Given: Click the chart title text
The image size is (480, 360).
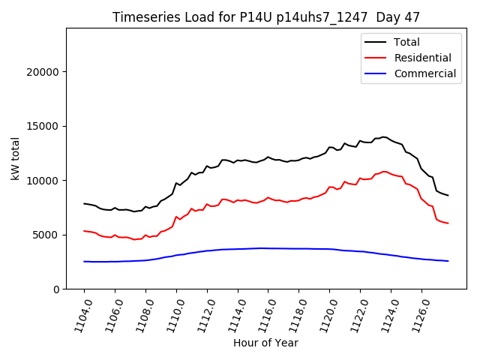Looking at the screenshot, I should pyautogui.click(x=266, y=17).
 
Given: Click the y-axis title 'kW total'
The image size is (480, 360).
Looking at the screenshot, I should pyautogui.click(x=15, y=158).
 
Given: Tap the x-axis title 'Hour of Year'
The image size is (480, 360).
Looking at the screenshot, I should pyautogui.click(x=265, y=343).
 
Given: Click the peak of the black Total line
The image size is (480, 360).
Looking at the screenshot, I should pyautogui.click(x=384, y=136).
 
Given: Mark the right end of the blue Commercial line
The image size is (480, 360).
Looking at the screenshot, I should pyautogui.click(x=448, y=261).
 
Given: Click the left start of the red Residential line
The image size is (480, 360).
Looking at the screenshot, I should pyautogui.click(x=84, y=231).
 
